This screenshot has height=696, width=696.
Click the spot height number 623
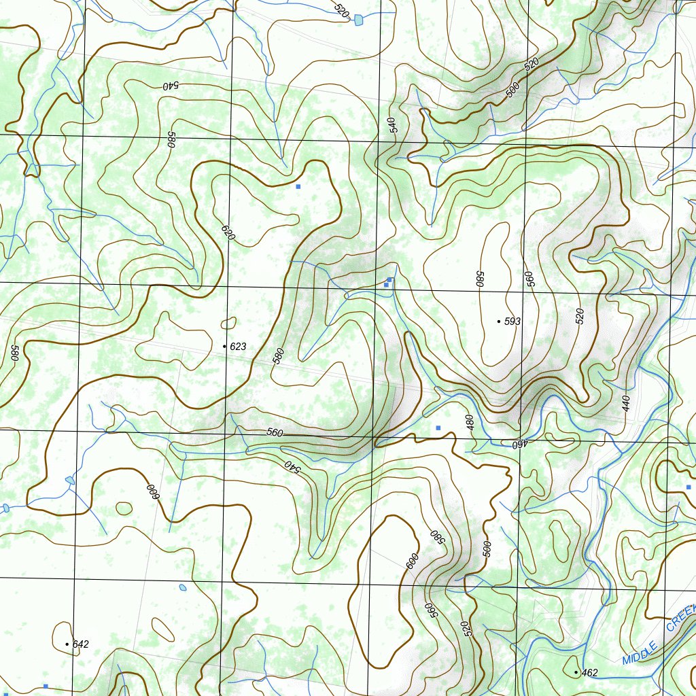tap(238, 347)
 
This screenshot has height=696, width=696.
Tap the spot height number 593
tap(512, 321)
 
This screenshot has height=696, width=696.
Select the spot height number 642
tap(80, 644)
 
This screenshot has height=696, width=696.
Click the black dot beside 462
tap(576, 672)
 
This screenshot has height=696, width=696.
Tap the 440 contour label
tap(625, 404)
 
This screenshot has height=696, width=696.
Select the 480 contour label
tap(468, 421)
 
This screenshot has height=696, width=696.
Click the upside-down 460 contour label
tap(520, 445)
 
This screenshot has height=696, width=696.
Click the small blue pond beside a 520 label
tap(358, 20)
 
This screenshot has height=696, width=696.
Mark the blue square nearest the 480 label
tap(438, 428)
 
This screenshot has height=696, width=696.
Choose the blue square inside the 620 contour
tap(298, 186)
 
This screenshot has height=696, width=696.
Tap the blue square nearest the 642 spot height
tap(46, 686)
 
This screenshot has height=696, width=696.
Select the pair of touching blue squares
tap(387, 282)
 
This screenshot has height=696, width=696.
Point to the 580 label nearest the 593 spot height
tap(479, 279)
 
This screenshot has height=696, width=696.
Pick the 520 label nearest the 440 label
tap(580, 316)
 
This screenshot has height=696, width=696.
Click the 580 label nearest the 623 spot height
tap(278, 356)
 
